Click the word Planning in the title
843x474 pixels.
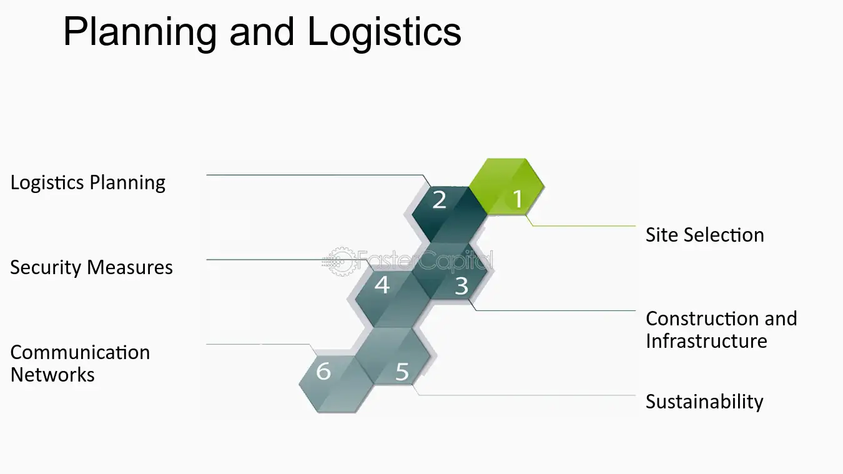(140, 33)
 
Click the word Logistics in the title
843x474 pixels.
(384, 33)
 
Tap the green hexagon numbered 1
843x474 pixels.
(506, 187)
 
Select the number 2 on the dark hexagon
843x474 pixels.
(439, 200)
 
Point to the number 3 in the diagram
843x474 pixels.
(461, 286)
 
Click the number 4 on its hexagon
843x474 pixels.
(382, 285)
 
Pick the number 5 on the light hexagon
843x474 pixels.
(402, 372)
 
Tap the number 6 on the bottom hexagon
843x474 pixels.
(323, 371)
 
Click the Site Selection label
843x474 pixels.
(705, 235)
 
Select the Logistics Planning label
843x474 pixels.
(87, 183)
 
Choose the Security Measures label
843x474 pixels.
(91, 267)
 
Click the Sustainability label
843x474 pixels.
(704, 402)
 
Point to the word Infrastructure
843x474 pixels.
(706, 341)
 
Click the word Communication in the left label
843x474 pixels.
(80, 352)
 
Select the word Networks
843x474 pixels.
(52, 375)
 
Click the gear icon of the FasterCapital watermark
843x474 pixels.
(340, 261)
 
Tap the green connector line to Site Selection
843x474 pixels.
(583, 226)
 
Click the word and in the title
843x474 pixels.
(262, 33)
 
